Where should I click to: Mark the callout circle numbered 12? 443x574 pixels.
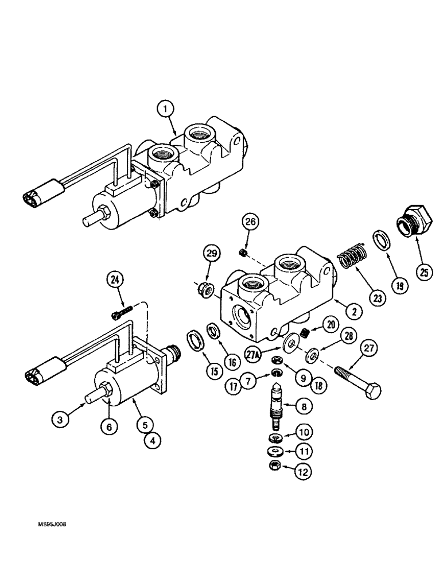click(303, 472)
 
